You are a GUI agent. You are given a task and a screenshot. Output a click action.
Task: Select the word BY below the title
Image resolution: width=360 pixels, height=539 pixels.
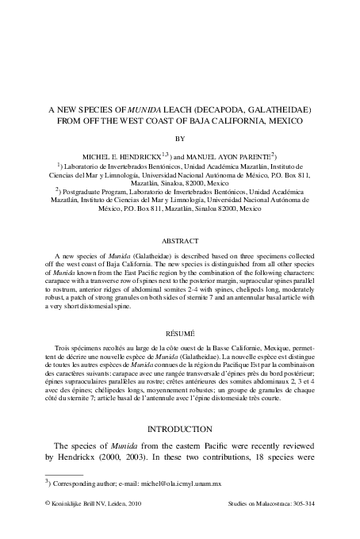[x=179, y=137]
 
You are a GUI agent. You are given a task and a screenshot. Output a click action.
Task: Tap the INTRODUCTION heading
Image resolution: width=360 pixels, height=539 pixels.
[x=179, y=430]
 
